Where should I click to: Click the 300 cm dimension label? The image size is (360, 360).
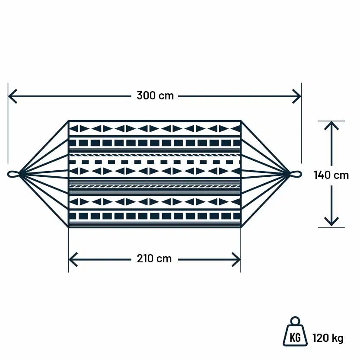tap(155, 96)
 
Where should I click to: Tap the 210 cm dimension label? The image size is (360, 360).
tap(154, 258)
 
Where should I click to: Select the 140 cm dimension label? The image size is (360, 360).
tap(331, 175)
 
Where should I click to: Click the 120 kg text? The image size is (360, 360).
tap(328, 338)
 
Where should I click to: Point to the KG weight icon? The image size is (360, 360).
tap(295, 335)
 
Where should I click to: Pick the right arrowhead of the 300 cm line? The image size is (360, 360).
tap(298, 96)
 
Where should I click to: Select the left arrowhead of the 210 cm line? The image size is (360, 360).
tap(72, 259)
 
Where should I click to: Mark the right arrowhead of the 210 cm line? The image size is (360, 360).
tap(237, 259)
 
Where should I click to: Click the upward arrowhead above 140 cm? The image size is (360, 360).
tap(331, 125)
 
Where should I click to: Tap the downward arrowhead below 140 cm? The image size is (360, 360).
tap(331, 222)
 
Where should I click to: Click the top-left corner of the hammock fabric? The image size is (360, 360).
tap(69, 121)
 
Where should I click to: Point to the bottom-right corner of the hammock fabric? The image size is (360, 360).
tap(240, 226)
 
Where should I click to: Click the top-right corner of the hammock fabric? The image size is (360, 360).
tap(240, 121)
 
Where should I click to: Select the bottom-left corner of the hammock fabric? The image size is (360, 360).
tap(69, 226)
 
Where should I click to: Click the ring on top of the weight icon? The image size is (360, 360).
tap(295, 321)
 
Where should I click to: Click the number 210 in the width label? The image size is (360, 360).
tap(145, 258)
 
